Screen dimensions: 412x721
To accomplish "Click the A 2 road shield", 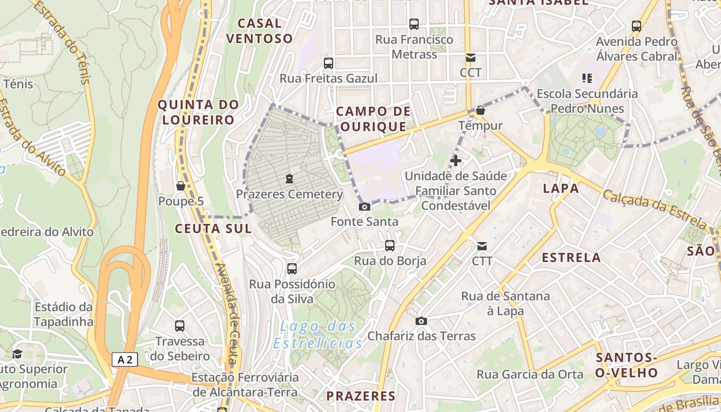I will (125, 359).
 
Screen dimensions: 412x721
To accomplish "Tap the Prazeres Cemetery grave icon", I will (289, 179).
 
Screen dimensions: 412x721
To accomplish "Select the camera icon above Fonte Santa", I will (365, 207).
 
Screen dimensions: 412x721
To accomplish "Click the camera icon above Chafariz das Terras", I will (421, 321).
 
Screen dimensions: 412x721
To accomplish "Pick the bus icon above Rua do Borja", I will (390, 246).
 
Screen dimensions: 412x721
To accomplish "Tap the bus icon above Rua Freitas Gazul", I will (328, 63).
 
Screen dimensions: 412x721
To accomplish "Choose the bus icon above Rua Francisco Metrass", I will (414, 24).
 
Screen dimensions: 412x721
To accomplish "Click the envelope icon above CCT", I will (470, 57).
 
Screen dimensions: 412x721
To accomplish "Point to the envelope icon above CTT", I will (482, 246).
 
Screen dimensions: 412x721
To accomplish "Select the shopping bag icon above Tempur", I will (480, 110).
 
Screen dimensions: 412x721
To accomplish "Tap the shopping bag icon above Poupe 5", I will (181, 185).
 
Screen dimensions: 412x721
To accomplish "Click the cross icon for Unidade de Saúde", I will (456, 161).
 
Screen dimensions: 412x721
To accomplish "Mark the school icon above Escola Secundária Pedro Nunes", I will (587, 78).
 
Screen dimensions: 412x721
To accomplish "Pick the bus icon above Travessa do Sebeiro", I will (180, 325).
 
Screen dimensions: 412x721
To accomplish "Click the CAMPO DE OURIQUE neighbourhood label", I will (373, 119).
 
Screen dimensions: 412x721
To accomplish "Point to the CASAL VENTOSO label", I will (260, 31).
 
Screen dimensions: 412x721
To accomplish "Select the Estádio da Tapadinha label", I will (64, 314).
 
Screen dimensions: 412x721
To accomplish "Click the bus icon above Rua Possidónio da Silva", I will (292, 268).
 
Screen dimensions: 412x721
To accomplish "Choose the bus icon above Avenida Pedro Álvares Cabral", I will (637, 26).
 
